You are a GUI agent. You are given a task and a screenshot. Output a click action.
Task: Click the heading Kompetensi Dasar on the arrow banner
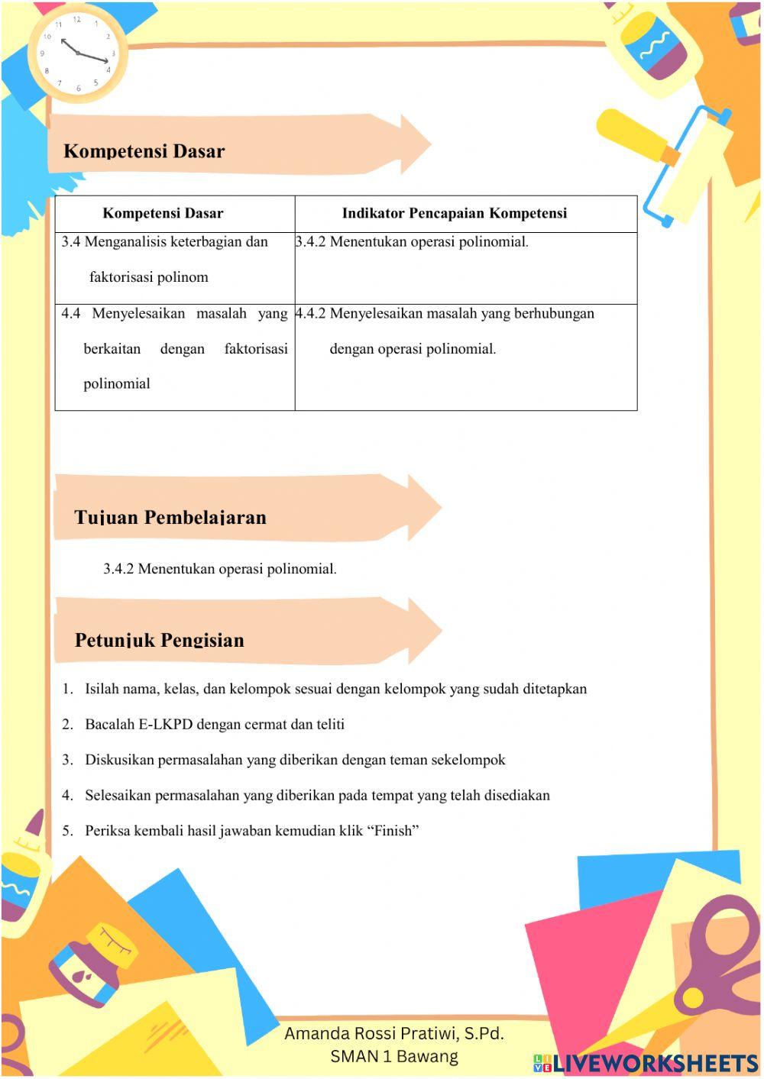[144, 151]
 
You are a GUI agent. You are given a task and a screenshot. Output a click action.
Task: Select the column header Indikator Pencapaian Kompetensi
[454, 213]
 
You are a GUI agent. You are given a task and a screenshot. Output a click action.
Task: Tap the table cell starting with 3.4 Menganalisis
[174, 260]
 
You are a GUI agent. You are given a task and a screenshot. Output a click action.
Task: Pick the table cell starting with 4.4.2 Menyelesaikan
[465, 331]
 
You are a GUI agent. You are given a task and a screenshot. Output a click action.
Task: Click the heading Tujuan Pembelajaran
[170, 518]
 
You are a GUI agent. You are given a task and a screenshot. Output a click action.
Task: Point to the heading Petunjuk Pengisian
[159, 640]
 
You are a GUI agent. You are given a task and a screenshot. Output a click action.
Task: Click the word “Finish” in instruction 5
[397, 831]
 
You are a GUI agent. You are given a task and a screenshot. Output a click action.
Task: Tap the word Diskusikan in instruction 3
[118, 760]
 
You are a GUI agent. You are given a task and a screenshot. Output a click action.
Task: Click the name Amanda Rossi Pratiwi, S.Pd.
[393, 1033]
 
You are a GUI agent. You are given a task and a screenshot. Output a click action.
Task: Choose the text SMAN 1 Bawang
[393, 1056]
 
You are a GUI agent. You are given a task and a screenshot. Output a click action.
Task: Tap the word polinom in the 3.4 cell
[183, 277]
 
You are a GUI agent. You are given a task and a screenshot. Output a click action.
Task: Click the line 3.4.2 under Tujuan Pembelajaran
[220, 569]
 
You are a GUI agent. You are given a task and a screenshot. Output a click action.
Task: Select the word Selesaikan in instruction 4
[118, 796]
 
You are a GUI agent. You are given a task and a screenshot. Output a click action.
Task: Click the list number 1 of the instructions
[67, 690]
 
